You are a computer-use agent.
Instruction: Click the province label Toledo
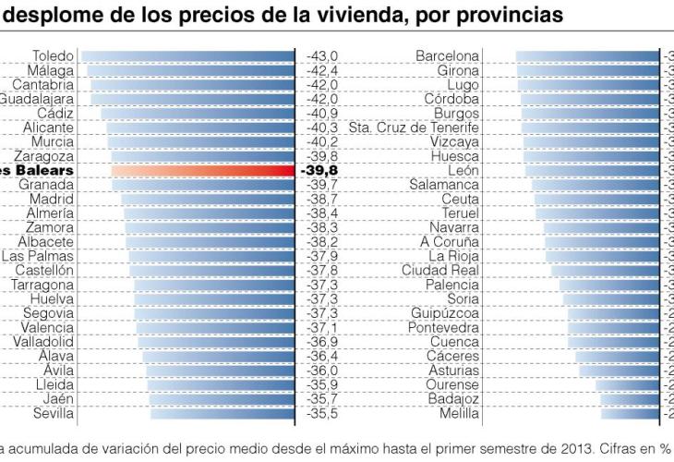53,56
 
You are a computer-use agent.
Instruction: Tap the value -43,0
321,56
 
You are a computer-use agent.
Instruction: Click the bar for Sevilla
222,414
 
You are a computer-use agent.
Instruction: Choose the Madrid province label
52,200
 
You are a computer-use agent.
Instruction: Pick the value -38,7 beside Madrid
321,200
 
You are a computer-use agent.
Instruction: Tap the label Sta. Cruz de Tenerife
414,128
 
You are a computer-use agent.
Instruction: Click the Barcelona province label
447,56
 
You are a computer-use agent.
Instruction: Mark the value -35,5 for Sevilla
321,414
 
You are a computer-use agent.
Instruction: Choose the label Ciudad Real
439,271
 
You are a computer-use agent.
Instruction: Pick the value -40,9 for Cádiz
321,114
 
